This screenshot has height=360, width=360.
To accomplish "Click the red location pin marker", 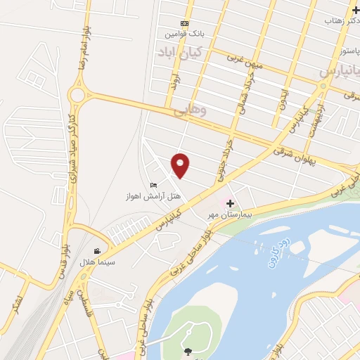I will tap(181, 166).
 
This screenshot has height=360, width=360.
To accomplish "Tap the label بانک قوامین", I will tap(184, 34).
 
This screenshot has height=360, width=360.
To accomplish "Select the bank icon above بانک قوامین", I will tap(184, 23).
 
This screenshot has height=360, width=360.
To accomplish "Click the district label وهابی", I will tap(189, 108).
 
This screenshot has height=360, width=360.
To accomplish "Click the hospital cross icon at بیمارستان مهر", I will tap(229, 202).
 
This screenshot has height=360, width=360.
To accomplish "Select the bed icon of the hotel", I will tap(153, 184).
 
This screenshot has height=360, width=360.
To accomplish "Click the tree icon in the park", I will tap(186, 351).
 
